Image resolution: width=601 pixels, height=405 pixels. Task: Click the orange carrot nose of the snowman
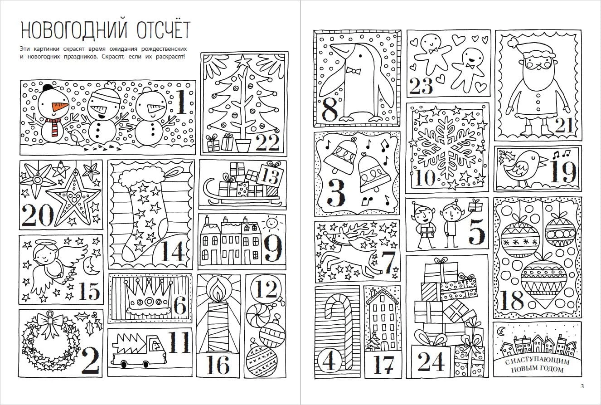pyautogui.click(x=60, y=107)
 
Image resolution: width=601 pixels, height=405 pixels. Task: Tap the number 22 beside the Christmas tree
pyautogui.click(x=267, y=143)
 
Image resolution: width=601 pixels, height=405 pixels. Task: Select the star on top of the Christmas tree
pyautogui.click(x=243, y=60)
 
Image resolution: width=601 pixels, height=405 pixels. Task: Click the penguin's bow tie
pyautogui.click(x=354, y=71)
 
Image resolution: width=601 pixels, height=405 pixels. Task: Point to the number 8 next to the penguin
pyautogui.click(x=330, y=109)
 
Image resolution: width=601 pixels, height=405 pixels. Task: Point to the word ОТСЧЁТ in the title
pyautogui.click(x=163, y=30)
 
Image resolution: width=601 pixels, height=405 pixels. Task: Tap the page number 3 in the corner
pyautogui.click(x=582, y=386)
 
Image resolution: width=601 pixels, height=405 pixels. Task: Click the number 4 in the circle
pyautogui.click(x=330, y=361)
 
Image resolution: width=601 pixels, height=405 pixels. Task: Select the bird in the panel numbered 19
pyautogui.click(x=521, y=168)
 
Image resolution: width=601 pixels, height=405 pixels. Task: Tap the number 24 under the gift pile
pyautogui.click(x=431, y=361)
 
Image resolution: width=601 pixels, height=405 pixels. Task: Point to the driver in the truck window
pyautogui.click(x=155, y=344)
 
